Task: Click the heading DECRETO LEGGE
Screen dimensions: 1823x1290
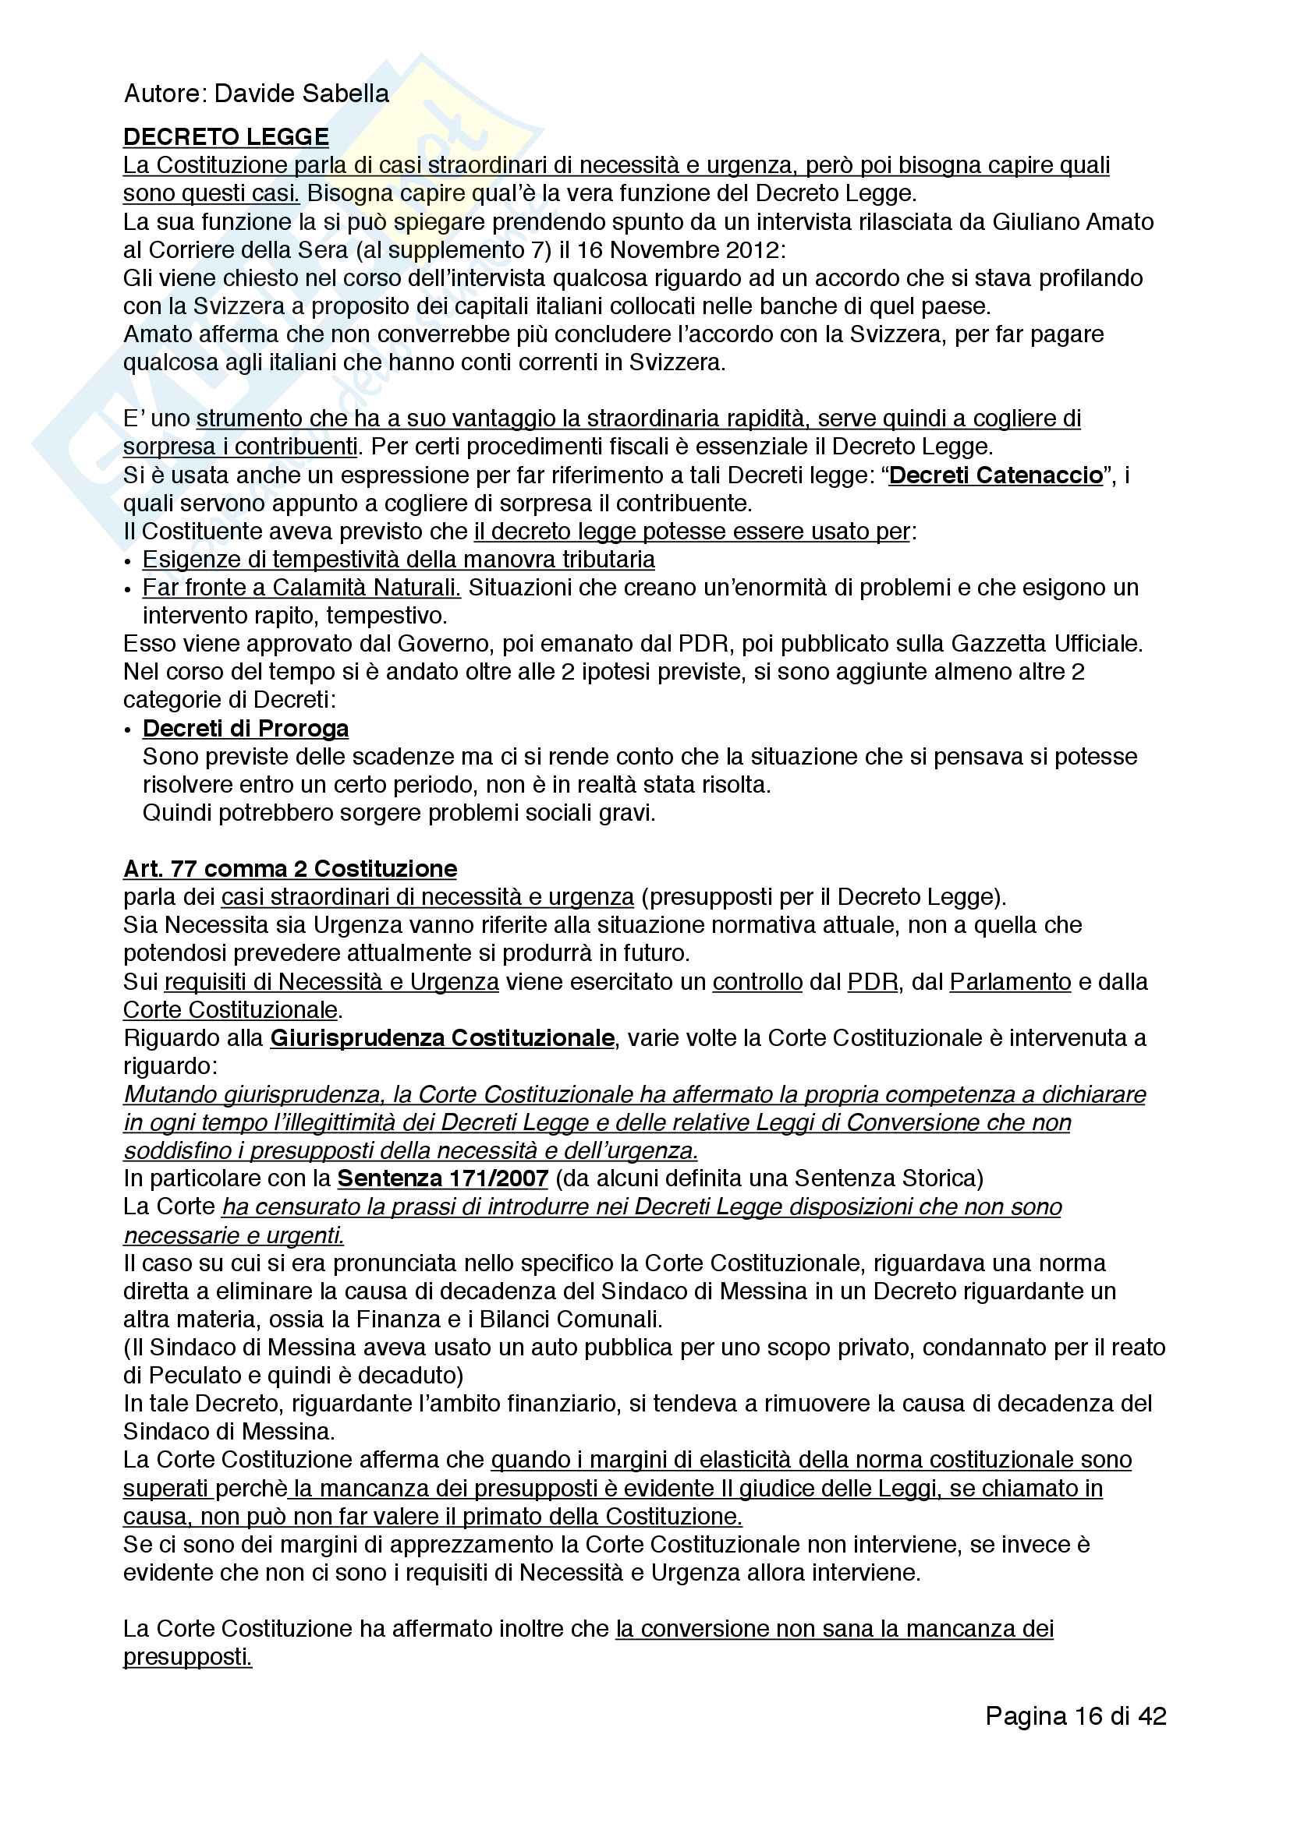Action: pyautogui.click(x=225, y=136)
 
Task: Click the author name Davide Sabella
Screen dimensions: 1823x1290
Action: pyautogui.click(x=301, y=94)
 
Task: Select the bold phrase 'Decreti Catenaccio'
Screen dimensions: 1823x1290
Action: pyautogui.click(x=995, y=475)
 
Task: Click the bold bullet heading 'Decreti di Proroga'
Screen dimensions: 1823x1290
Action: pyautogui.click(x=246, y=728)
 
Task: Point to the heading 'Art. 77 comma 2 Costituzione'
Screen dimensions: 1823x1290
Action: pyautogui.click(x=290, y=868)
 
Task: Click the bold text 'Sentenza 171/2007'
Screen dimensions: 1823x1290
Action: pyautogui.click(x=442, y=1178)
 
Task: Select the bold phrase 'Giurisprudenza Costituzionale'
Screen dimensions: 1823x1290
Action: pyautogui.click(x=441, y=1037)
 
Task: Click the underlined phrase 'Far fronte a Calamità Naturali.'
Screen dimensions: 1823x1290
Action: pyautogui.click(x=302, y=588)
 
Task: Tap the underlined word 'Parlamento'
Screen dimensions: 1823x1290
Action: pyautogui.click(x=1010, y=982)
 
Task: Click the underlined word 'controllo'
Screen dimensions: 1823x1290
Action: pyautogui.click(x=757, y=982)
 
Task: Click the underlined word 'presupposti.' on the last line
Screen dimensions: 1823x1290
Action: pyautogui.click(x=187, y=1657)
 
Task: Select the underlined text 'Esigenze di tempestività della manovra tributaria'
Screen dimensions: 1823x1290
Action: pyautogui.click(x=399, y=560)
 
